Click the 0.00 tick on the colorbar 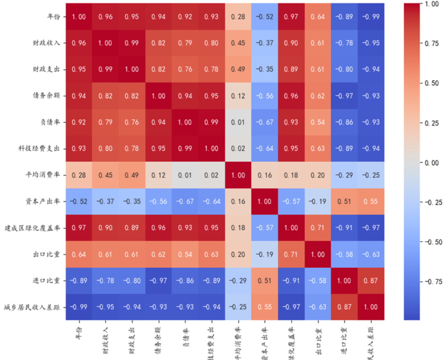click(429, 162)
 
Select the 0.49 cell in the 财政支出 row click(238, 69)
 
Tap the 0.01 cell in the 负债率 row click(238, 122)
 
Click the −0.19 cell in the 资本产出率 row click(318, 201)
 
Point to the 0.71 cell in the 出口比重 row click(291, 254)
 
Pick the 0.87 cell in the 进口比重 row click(371, 281)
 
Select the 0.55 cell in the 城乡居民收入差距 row click(265, 307)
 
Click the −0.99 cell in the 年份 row click(371, 16)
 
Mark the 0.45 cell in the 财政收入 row click(238, 43)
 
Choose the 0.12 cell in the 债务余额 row click(238, 96)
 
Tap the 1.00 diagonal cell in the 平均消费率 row click(238, 175)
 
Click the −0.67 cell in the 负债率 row click(265, 122)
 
